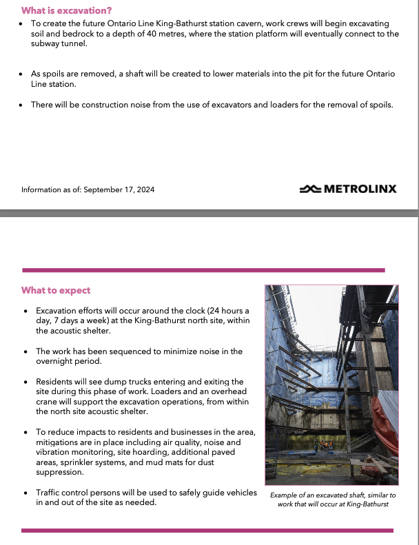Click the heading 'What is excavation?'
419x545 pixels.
click(67, 10)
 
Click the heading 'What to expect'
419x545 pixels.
click(56, 290)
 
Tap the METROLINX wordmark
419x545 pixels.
click(359, 188)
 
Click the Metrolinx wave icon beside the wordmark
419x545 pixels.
click(310, 188)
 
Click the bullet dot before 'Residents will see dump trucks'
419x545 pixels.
click(26, 382)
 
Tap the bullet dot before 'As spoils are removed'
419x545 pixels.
click(22, 73)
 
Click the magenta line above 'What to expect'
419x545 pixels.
click(207, 270)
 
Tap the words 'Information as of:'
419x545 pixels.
click(51, 189)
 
